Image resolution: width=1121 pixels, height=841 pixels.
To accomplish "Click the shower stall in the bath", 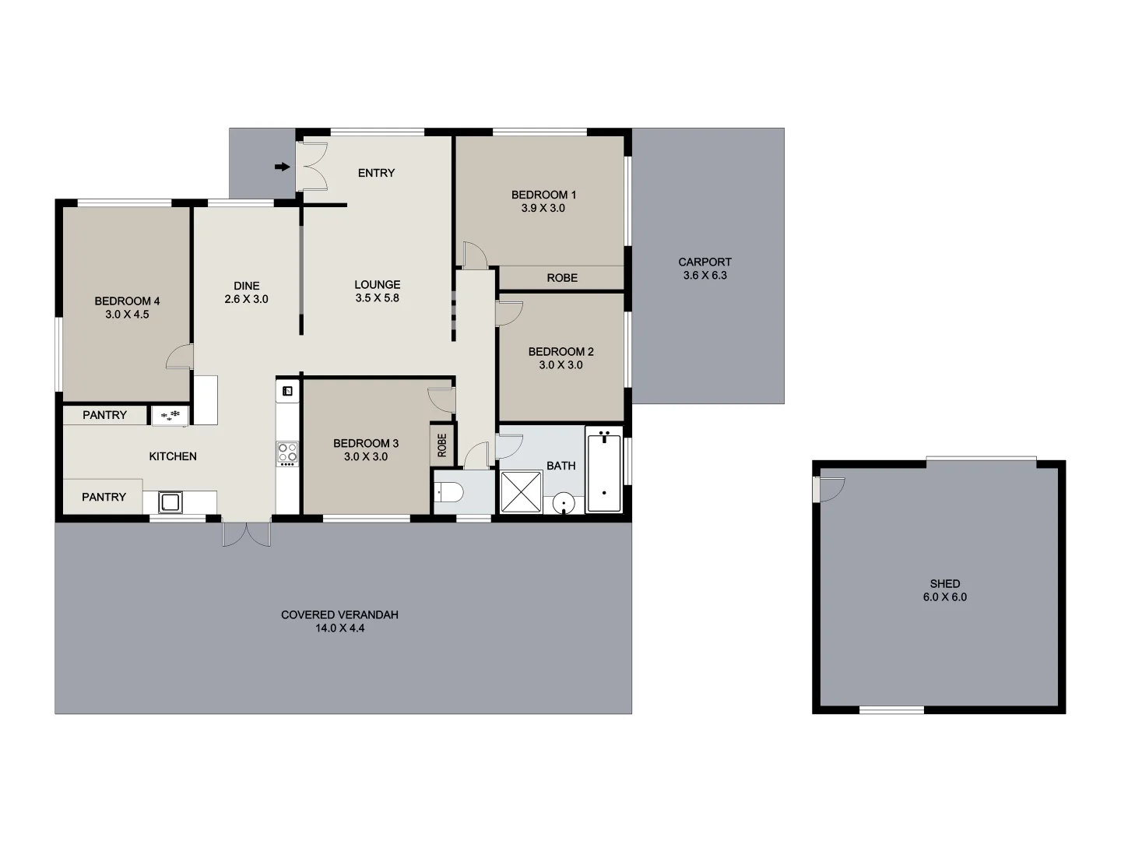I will (521, 491).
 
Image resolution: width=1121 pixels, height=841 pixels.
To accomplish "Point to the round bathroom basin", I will (564, 504).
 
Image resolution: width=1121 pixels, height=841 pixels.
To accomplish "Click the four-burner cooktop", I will (287, 452).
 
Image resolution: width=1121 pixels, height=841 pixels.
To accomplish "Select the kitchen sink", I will (170, 502).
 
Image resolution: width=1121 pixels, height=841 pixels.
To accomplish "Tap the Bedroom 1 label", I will (543, 195).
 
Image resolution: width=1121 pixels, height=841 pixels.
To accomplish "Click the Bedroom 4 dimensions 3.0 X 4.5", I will (127, 315).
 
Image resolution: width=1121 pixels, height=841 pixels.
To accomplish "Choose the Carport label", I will (705, 262).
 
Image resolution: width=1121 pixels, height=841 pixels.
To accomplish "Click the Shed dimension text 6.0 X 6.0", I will (944, 597).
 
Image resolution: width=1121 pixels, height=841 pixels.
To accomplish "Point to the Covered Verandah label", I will (339, 615).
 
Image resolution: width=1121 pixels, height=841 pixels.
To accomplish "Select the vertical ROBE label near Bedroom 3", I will (442, 445).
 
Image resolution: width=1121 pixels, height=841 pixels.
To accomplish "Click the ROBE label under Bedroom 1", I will (562, 278).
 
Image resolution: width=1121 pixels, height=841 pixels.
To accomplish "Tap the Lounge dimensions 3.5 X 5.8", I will (378, 298).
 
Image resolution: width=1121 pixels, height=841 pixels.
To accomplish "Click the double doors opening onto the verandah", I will (246, 533).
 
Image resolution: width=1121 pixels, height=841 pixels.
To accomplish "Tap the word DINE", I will (247, 286).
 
